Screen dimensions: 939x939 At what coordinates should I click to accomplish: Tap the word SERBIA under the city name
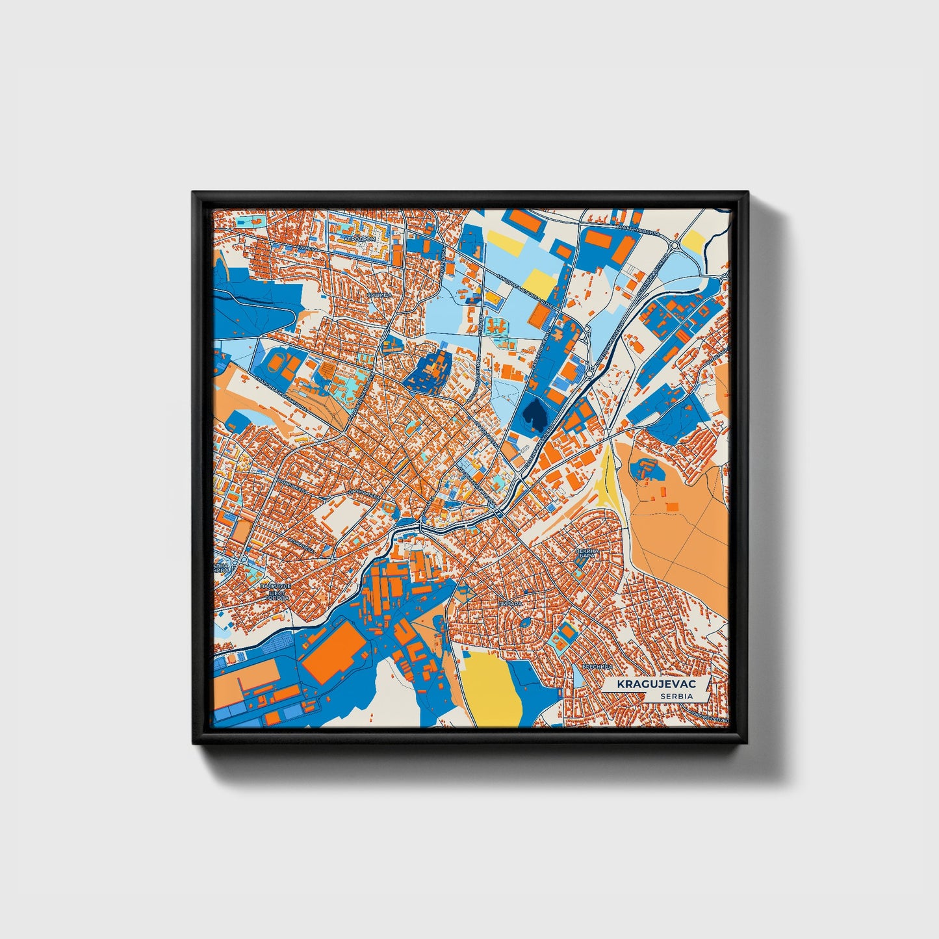pos(676,696)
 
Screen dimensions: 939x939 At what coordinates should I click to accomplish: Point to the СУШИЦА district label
pos(378,295)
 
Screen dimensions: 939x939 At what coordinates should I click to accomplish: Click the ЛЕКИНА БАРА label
pos(584,553)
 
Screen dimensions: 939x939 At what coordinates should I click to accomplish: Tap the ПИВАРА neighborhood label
pos(510,604)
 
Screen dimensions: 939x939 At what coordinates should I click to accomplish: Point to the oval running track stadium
pos(277,361)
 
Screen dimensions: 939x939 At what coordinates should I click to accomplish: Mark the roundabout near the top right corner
pos(675,245)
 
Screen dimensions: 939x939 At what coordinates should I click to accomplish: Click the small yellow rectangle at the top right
pos(693,242)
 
